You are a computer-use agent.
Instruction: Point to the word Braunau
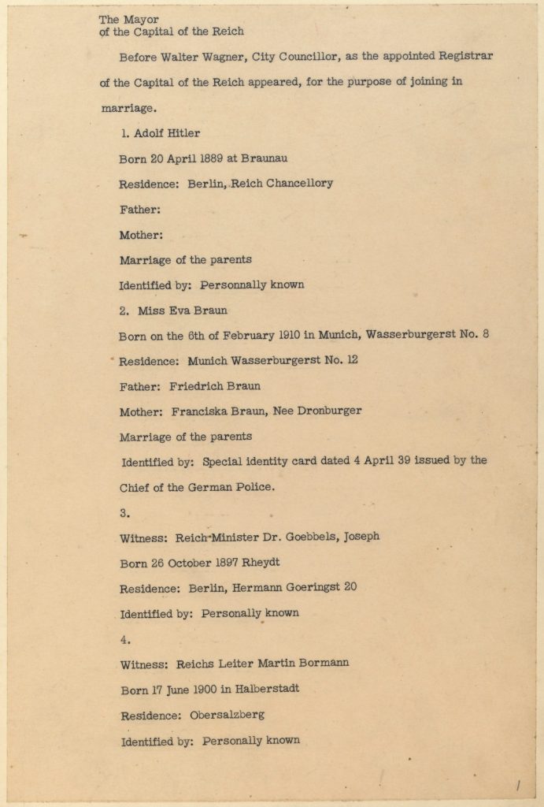tap(272, 158)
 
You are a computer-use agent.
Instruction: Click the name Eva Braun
tap(205, 311)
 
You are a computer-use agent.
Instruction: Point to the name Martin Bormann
tap(302, 664)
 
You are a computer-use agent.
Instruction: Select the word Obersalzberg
tap(227, 715)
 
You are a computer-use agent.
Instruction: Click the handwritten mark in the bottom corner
tap(519, 784)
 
